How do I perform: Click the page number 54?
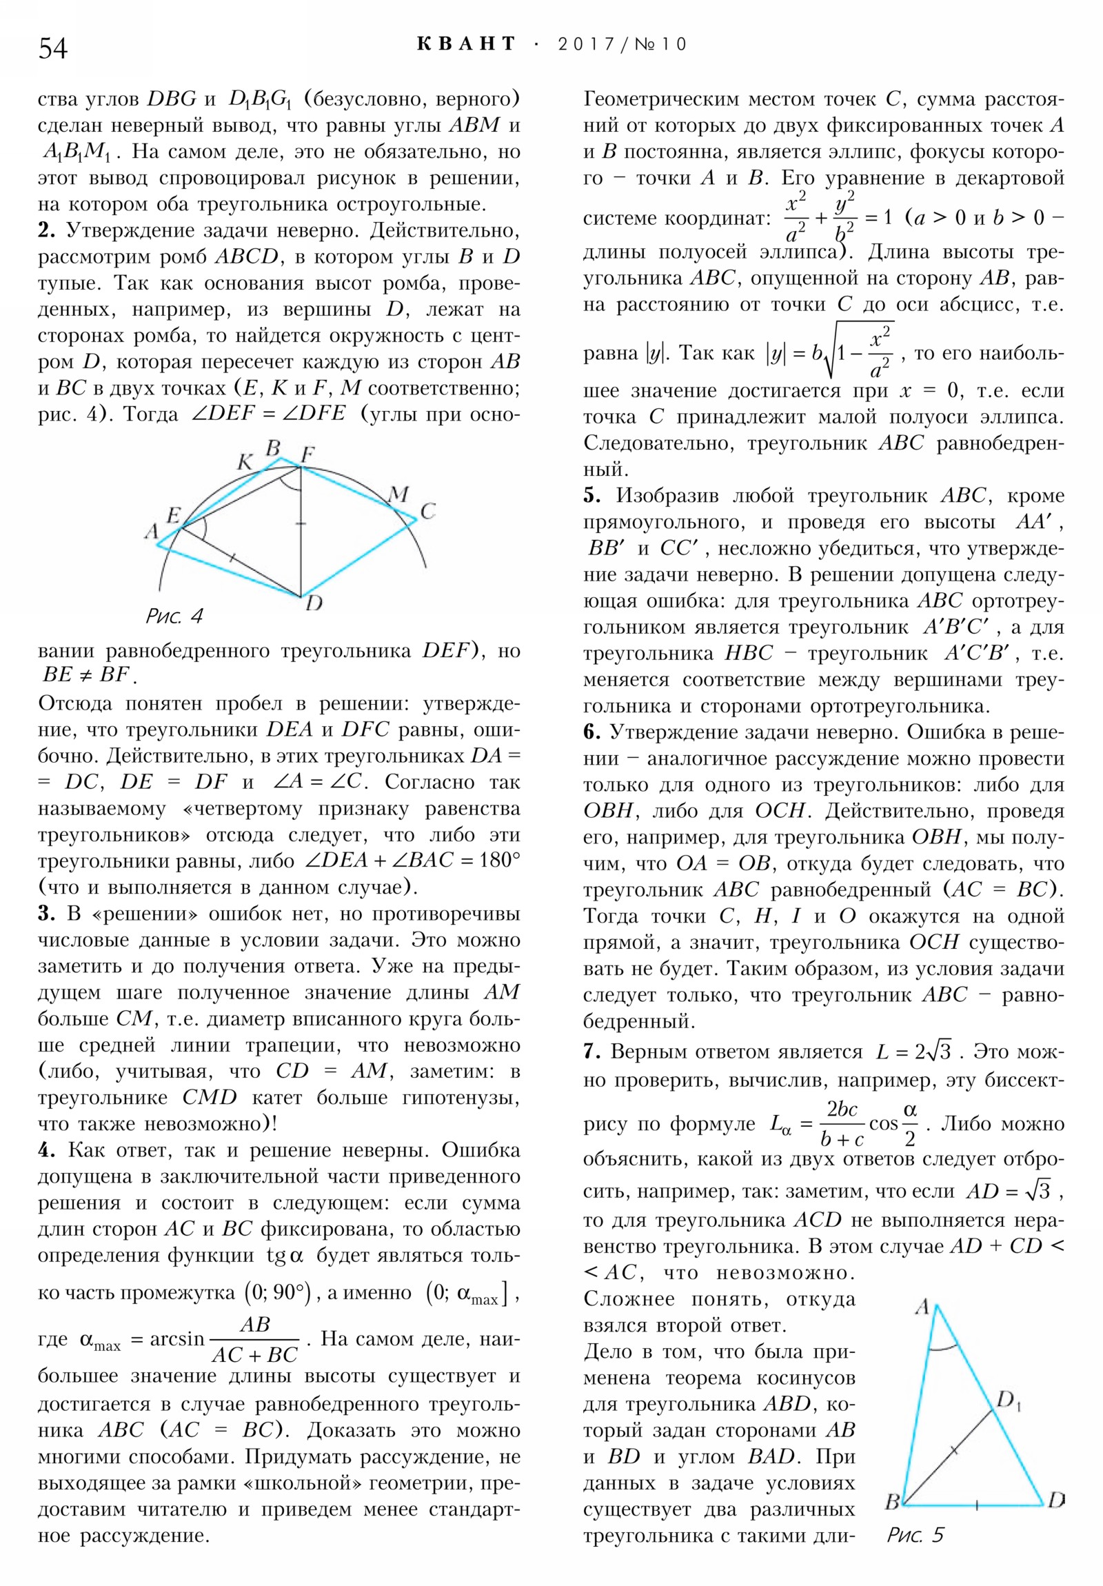click(x=53, y=48)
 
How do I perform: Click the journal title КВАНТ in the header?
click(x=466, y=44)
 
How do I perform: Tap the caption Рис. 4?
click(x=174, y=616)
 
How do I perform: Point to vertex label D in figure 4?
click(x=314, y=604)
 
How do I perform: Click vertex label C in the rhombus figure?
click(x=428, y=511)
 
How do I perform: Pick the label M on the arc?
click(x=398, y=494)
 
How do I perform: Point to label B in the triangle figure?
click(x=892, y=1501)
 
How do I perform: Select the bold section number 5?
click(x=591, y=496)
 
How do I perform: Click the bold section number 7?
click(x=590, y=1052)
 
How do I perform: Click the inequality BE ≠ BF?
click(x=86, y=674)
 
